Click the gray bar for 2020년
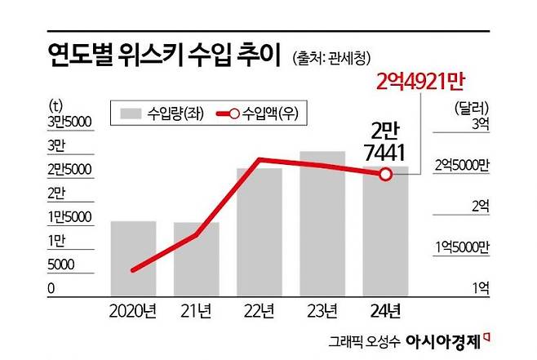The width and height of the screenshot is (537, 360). point(133,258)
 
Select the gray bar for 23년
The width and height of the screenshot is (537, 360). point(322,224)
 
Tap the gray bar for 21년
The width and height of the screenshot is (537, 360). point(196,259)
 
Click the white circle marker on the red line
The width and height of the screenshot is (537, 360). point(386,175)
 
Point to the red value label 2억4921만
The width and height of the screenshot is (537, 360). point(420,82)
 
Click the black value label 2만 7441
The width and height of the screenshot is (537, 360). point(385,141)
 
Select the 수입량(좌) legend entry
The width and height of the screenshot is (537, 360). point(162,113)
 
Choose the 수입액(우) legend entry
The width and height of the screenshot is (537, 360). point(258,113)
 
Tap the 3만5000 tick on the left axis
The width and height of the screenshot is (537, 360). point(69,122)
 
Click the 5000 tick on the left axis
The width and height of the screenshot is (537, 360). point(61,264)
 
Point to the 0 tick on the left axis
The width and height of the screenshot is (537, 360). point(51,288)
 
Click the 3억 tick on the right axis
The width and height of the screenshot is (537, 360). point(481,123)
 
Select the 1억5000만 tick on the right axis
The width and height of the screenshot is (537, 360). point(463,247)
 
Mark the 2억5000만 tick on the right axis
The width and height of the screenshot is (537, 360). point(463,166)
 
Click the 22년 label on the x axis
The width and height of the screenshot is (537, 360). point(260,311)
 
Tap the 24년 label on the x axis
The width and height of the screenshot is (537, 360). point(385,311)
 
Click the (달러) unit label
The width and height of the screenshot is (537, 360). point(472,109)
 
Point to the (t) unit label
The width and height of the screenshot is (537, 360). point(55,105)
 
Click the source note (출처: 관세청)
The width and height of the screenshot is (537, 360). point(331,58)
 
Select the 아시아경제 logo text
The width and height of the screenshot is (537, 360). point(444,341)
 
